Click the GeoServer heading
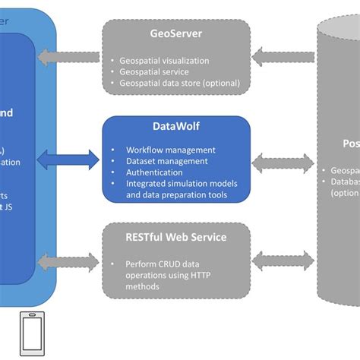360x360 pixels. tap(175, 33)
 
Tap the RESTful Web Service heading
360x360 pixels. tap(175, 237)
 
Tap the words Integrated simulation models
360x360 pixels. tap(182, 183)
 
